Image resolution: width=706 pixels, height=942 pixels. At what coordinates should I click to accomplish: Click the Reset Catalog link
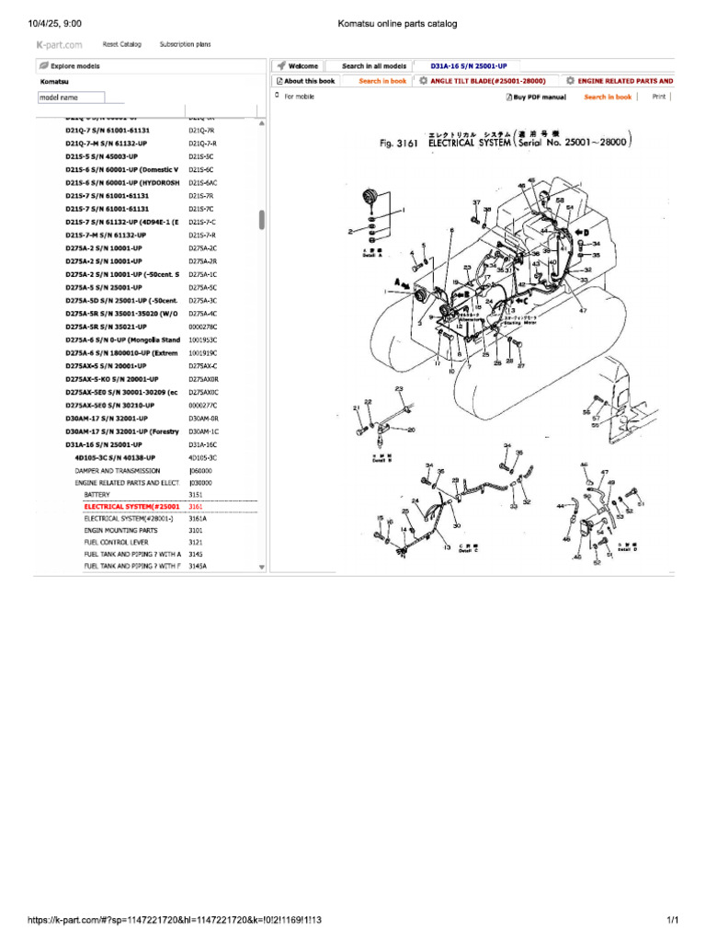[x=121, y=43]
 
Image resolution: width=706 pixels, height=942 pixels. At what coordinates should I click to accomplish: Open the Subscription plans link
[x=185, y=43]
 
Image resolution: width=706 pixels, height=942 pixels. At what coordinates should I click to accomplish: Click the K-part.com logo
[x=59, y=44]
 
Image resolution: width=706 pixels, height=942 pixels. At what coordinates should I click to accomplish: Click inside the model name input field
[x=72, y=98]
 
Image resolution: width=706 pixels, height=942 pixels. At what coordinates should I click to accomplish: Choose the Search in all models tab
[x=373, y=66]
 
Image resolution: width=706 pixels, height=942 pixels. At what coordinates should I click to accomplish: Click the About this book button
[x=307, y=81]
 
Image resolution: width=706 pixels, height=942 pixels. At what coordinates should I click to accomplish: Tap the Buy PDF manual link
[x=536, y=97]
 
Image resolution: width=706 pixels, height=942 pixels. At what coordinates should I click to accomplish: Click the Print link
[x=658, y=96]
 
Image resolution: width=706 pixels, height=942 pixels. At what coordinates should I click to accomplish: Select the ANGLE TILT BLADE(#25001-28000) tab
[x=488, y=81]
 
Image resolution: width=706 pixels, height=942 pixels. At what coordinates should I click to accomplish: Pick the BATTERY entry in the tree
[x=97, y=494]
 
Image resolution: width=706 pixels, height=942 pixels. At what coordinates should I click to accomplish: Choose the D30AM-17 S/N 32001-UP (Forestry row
[x=122, y=431]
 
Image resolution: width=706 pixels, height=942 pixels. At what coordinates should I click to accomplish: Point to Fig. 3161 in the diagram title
[x=399, y=144]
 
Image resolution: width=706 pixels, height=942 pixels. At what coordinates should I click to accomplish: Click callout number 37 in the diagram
[x=476, y=201]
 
